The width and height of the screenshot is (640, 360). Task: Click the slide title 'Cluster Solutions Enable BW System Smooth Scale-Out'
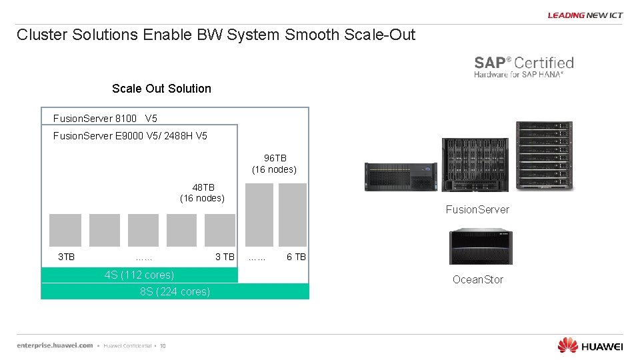click(215, 35)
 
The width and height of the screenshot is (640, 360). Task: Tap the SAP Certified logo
click(523, 67)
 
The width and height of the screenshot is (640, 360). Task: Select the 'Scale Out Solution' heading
click(161, 89)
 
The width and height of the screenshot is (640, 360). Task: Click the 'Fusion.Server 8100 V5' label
click(105, 119)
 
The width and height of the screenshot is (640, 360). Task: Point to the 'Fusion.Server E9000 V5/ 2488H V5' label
click(130, 136)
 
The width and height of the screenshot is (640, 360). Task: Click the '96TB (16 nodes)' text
click(275, 163)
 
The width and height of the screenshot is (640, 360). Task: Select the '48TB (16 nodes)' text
click(203, 192)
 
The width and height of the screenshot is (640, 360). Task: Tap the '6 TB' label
click(296, 257)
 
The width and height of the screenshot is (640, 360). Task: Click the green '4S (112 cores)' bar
click(139, 275)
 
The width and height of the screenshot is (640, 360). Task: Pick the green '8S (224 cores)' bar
click(175, 291)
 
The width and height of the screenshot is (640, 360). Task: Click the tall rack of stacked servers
click(545, 156)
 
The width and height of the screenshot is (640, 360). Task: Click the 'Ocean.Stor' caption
click(478, 279)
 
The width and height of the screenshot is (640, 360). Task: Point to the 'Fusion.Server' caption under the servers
click(477, 209)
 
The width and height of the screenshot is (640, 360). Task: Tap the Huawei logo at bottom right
click(590, 345)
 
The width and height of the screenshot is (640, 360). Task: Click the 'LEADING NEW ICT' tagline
click(585, 15)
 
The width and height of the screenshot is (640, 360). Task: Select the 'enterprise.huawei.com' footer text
click(55, 345)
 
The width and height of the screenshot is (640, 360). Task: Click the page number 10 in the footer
click(163, 346)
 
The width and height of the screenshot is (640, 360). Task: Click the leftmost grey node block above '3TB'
click(65, 230)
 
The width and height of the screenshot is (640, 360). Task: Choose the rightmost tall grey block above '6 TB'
click(293, 215)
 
